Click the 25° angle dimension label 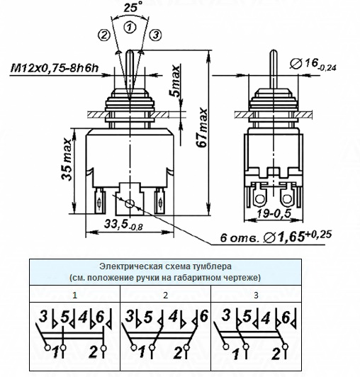[x=131, y=7]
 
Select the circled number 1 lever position [x=130, y=27]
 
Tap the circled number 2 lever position [x=104, y=35]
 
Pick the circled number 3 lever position [x=156, y=35]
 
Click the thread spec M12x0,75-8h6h [x=55, y=68]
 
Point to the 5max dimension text [x=176, y=81]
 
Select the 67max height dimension [x=201, y=128]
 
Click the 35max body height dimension [x=67, y=159]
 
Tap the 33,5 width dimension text [x=123, y=225]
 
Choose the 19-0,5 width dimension [x=274, y=213]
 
